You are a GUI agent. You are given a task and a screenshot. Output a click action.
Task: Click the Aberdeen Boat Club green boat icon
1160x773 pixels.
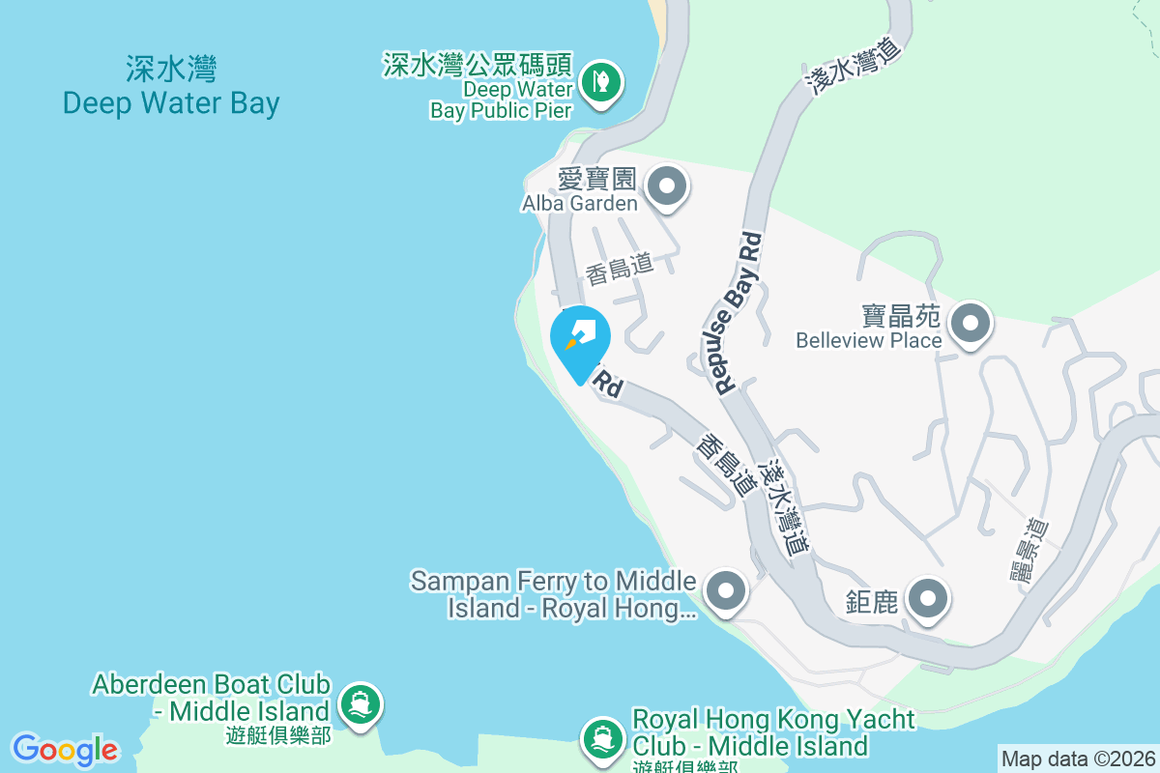[361, 702]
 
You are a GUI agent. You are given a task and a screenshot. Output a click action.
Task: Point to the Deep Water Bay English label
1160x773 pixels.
[171, 103]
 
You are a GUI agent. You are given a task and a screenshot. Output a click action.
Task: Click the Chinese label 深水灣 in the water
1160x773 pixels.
[171, 70]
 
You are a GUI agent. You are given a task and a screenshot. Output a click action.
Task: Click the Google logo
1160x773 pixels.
[66, 750]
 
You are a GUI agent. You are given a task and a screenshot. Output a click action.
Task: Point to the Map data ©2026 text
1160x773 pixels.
[1077, 759]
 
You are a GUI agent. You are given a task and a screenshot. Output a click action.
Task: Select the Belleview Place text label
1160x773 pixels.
[868, 340]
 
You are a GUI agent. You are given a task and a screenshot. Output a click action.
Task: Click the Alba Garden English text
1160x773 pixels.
[579, 203]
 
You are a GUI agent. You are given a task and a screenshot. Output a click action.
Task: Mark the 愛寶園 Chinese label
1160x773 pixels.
[596, 179]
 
